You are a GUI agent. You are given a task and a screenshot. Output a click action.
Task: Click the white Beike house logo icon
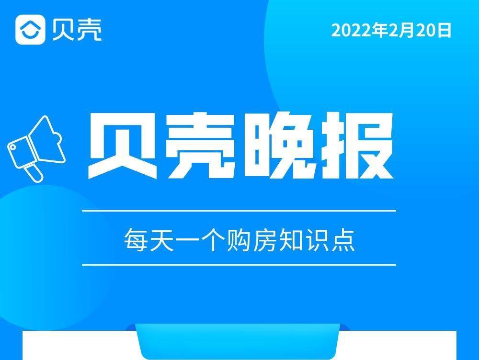point(30,30)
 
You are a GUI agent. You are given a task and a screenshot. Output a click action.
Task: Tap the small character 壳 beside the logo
point(89,30)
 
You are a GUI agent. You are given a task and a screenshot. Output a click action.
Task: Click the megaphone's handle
point(34,173)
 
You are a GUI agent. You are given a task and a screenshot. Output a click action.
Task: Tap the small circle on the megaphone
point(13,147)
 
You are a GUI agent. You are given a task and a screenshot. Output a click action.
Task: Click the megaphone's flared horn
point(47,139)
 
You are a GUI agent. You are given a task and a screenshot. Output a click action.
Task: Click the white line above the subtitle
point(239,211)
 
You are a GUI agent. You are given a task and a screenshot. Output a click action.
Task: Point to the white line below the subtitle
point(239,265)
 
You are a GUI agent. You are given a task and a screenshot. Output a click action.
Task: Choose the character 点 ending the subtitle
point(343,240)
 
